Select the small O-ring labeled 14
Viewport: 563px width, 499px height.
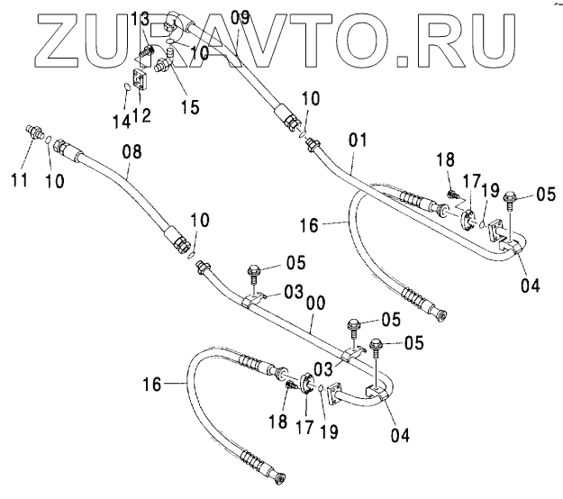(x=129, y=88)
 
